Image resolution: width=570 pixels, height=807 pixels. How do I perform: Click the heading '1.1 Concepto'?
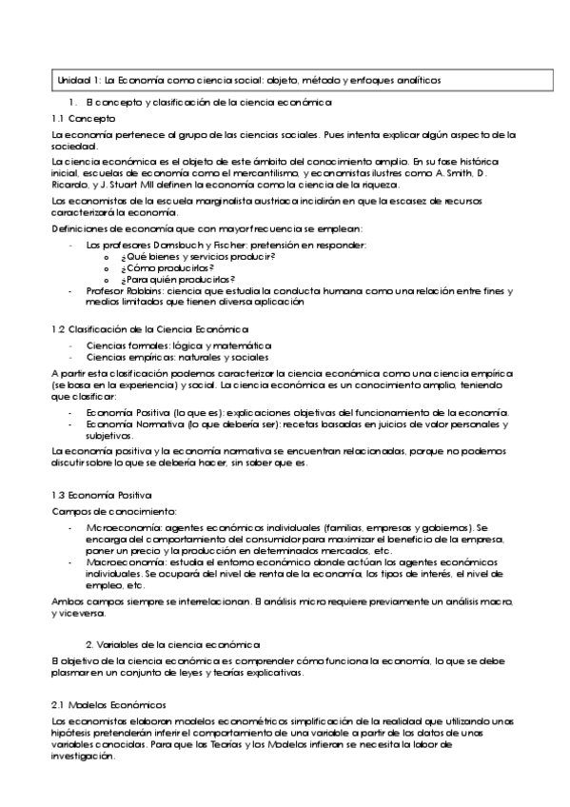pos(84,119)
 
